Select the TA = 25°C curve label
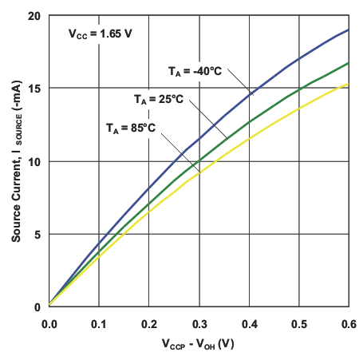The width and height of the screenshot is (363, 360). tap(158, 98)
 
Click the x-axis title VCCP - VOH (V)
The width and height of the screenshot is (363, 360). tap(199, 345)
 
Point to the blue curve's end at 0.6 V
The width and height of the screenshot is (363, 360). tap(348, 30)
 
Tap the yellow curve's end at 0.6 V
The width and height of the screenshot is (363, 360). tap(348, 84)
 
